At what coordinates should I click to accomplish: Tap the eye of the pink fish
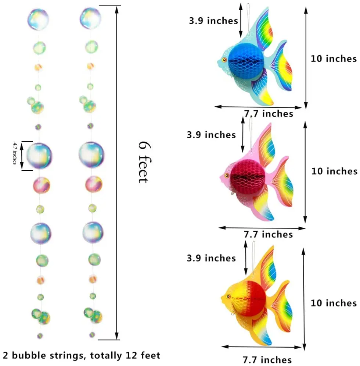click(x=227, y=175)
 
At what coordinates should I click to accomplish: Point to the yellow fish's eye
click(x=228, y=296)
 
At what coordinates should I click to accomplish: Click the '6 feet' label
click(x=144, y=162)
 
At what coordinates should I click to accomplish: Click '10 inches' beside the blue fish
click(x=334, y=58)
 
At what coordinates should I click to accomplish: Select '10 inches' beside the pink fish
click(x=334, y=171)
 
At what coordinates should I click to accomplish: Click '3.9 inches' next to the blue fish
click(x=213, y=21)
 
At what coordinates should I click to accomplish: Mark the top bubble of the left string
click(x=38, y=18)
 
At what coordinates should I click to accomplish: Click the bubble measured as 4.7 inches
click(x=39, y=156)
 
